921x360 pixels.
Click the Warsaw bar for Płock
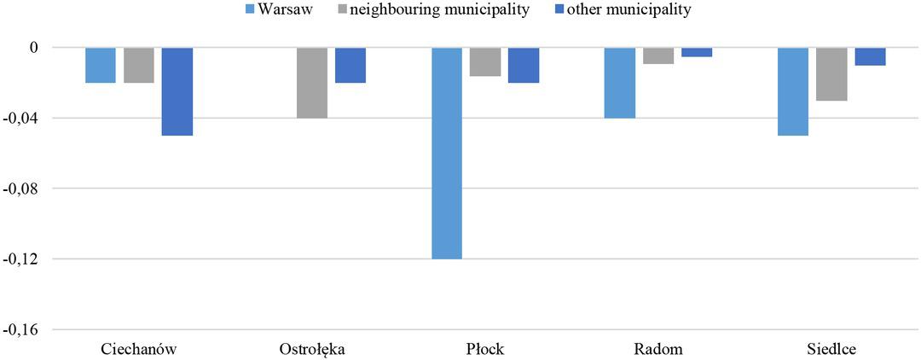[x=447, y=153]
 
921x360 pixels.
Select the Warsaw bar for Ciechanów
[x=101, y=65]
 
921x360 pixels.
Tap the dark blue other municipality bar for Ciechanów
[x=177, y=91]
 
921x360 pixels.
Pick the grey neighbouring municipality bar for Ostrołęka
[x=312, y=83]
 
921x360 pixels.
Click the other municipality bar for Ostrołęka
[x=350, y=65]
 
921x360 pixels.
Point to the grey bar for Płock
[x=485, y=62]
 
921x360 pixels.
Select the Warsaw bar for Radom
[x=620, y=83]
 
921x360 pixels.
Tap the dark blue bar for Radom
[x=697, y=52]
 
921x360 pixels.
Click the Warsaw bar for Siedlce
[x=793, y=91]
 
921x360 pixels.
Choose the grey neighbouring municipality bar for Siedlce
[x=831, y=74]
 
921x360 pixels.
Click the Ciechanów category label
[x=139, y=349]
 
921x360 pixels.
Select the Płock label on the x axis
[x=485, y=349]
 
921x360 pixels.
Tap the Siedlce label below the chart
[x=831, y=349]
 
